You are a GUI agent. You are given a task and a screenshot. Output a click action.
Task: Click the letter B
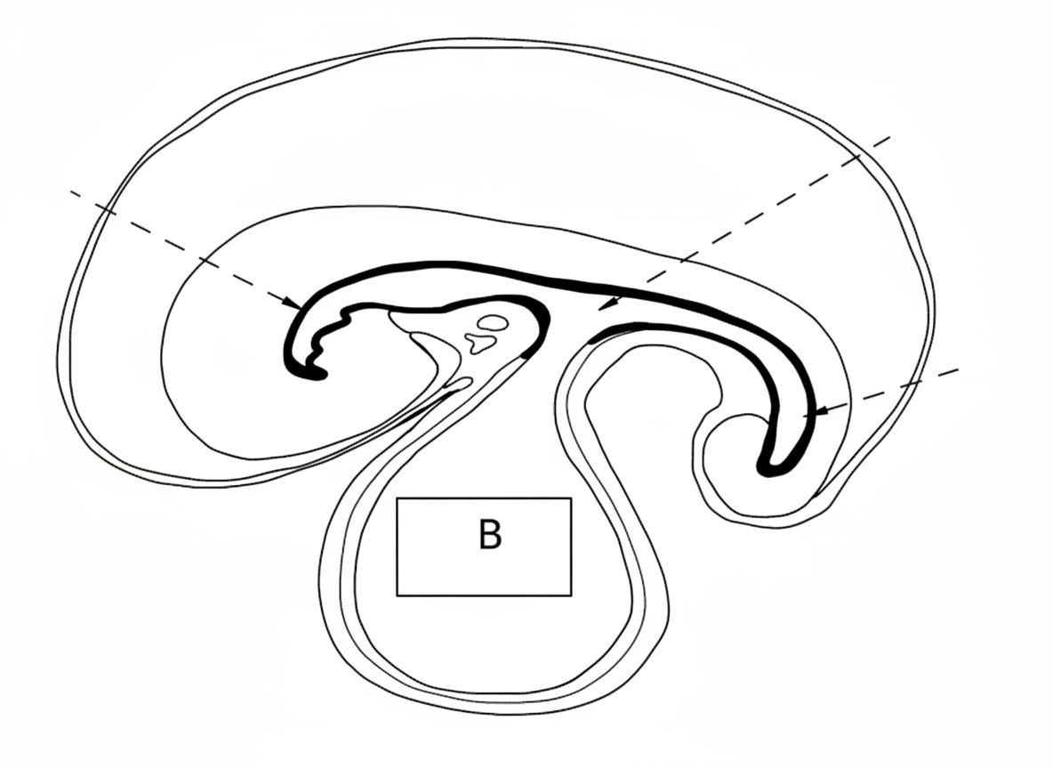(x=489, y=536)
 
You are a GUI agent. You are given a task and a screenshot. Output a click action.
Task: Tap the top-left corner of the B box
(x=397, y=498)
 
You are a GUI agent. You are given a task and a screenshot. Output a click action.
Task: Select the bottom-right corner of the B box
(x=571, y=595)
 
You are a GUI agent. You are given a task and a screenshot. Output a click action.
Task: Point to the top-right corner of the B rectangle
(x=571, y=498)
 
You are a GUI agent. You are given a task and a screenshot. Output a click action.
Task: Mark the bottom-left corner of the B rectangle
(x=397, y=595)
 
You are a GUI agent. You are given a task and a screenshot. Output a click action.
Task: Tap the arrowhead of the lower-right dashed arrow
(x=816, y=413)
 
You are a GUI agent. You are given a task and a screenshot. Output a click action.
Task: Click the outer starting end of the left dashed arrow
(x=69, y=190)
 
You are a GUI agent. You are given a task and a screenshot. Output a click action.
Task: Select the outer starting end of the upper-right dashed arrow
(x=891, y=138)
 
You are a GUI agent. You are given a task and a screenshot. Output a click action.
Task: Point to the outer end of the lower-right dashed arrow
(x=959, y=368)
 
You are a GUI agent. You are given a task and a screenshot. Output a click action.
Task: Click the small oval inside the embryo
(x=493, y=322)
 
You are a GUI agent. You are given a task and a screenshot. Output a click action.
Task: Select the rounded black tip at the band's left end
(x=315, y=375)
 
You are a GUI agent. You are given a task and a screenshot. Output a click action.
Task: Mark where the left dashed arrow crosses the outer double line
(x=106, y=209)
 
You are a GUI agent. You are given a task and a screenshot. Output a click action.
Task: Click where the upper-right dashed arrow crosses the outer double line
(x=859, y=157)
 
